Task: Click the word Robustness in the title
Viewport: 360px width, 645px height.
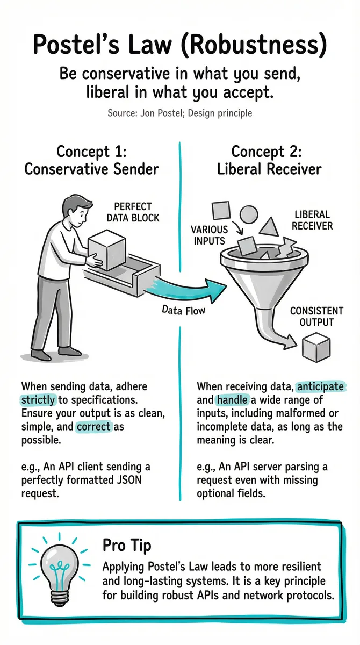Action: click(x=255, y=45)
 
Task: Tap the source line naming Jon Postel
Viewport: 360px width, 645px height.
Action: click(x=180, y=113)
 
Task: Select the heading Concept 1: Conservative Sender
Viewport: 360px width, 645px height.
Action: click(x=91, y=160)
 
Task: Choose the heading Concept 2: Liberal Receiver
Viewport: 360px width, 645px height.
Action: click(x=269, y=160)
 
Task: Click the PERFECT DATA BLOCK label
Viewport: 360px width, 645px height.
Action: click(x=133, y=212)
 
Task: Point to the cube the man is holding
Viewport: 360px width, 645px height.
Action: click(x=107, y=249)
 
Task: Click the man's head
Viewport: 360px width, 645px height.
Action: click(x=77, y=211)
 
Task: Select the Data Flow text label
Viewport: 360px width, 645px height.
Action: click(x=184, y=311)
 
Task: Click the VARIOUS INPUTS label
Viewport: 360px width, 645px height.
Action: click(x=209, y=235)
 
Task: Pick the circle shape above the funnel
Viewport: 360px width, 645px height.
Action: click(x=249, y=214)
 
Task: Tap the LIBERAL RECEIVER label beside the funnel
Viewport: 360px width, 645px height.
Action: click(x=312, y=220)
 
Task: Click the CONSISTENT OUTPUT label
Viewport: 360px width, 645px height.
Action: click(x=316, y=317)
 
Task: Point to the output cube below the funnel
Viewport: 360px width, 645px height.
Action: click(x=316, y=347)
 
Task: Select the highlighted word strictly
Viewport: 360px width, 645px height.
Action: click(x=38, y=400)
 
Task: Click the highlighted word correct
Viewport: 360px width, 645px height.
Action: click(x=93, y=426)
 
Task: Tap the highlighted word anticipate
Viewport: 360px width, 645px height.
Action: click(x=320, y=386)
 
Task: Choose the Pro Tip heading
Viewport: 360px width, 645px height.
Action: click(x=127, y=546)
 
